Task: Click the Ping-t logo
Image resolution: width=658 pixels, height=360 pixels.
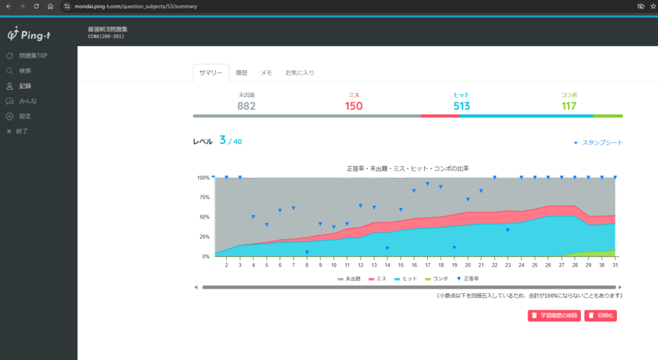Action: coord(29,34)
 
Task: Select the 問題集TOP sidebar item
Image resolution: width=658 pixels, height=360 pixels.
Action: coord(27,55)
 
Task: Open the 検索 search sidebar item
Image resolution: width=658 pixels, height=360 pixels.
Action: coord(19,71)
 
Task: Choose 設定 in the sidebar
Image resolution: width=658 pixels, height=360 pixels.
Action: coord(19,116)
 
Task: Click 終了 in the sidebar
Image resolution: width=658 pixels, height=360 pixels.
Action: coord(17,131)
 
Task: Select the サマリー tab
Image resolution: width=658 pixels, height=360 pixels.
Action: coord(211,73)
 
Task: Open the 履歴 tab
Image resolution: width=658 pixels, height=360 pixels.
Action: coord(242,73)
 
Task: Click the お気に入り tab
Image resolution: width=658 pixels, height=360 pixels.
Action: coord(299,73)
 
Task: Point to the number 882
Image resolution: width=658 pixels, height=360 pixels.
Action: coord(246,106)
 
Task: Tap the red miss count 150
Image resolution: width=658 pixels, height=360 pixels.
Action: coord(354,106)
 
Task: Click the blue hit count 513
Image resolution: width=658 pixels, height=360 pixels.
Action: coord(461,106)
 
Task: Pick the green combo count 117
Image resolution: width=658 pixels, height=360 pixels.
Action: coord(569,106)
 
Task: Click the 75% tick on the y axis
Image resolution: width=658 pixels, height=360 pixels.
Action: coord(204,197)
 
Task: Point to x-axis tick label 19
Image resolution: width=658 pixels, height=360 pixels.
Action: coord(454,265)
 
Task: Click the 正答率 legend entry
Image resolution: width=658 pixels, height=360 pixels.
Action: coord(468,278)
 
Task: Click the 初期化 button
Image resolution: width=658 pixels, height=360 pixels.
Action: coord(601,316)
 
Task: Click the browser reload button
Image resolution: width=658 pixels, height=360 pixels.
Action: coord(37,6)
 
